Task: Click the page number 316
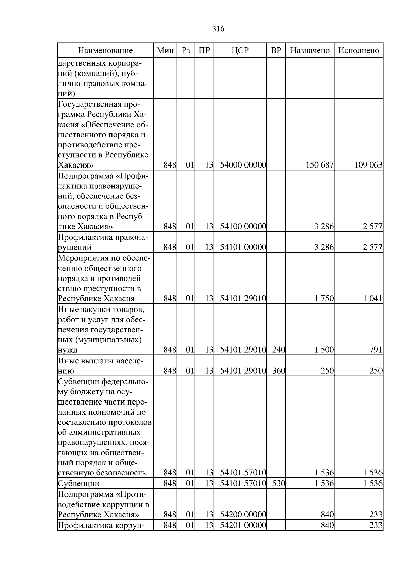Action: pos(218,29)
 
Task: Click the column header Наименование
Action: pos(105,51)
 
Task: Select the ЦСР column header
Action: pos(240,51)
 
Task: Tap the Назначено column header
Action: pos(310,51)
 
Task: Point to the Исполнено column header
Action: pos(359,51)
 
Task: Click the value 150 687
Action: pos(319,165)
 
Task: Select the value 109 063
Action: pos(368,165)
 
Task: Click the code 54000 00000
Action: pos(243,165)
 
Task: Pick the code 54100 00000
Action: pos(243,227)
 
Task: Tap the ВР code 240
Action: pos(278,350)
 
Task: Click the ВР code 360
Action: pos(278,371)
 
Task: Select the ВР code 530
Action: pos(278,484)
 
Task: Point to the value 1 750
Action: pos(324,299)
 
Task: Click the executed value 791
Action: pos(376,350)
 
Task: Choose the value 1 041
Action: pos(373,299)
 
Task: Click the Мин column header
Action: pos(165,51)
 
